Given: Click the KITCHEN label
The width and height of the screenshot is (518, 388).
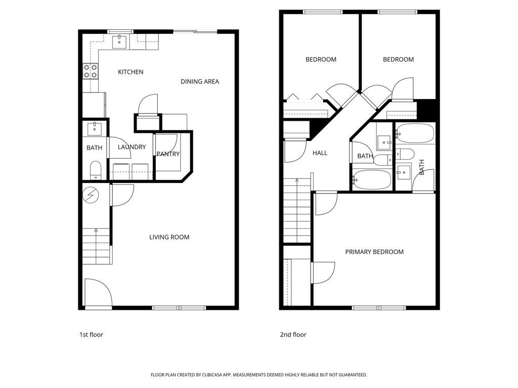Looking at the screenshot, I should [x=131, y=72].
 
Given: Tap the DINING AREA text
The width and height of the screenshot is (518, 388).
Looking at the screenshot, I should [x=200, y=81].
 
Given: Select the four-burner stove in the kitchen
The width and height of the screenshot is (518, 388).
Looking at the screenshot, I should [x=91, y=71].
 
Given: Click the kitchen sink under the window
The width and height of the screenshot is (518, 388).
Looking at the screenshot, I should [x=119, y=42].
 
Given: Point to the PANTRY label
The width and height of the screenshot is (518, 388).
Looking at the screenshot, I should [x=168, y=154].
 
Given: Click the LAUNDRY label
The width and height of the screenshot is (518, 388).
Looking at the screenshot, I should [x=132, y=148].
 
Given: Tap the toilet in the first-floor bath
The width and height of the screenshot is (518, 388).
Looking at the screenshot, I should [x=96, y=170].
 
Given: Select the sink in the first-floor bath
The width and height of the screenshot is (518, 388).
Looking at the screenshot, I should [x=95, y=129].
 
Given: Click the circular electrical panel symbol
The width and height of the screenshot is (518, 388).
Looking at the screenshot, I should [x=91, y=194].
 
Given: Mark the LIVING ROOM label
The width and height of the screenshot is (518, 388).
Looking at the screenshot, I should [x=169, y=237].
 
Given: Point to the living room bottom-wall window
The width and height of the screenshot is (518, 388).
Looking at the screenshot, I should [x=179, y=307].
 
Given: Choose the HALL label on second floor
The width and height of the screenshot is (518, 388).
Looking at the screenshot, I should [x=320, y=153].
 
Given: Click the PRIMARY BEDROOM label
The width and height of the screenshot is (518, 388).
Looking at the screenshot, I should [x=374, y=252].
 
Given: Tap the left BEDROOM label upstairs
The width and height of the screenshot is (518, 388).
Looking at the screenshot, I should [x=321, y=60].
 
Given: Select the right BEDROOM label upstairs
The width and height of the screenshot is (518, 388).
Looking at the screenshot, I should [x=398, y=60].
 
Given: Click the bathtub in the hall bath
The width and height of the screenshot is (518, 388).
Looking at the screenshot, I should [x=372, y=179].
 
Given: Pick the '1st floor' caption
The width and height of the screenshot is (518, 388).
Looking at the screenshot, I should [x=91, y=334].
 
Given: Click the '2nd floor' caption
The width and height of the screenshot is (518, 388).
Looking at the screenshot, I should [x=293, y=334].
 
